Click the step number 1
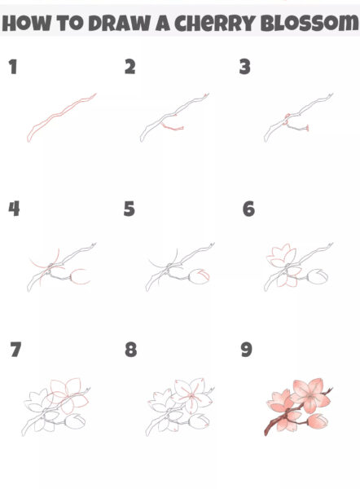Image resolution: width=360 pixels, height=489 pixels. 13,67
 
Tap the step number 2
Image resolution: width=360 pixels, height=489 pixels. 130,67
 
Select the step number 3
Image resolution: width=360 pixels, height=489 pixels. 244,67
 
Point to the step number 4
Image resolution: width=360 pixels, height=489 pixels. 14,209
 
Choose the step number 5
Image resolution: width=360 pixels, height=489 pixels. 130,209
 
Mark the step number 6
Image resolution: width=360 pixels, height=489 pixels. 248,209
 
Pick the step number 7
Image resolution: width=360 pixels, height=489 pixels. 15,350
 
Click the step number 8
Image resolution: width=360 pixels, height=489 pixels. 131,350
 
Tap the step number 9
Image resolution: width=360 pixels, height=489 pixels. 247,350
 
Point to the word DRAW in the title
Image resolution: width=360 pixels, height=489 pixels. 120,23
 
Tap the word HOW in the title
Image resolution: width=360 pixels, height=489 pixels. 26,23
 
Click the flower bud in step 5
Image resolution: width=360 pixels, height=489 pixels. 200,276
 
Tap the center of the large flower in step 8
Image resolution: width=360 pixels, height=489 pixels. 191,397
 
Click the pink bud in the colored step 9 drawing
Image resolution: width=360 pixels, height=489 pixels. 318,421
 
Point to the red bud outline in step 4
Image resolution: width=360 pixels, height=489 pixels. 81,276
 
